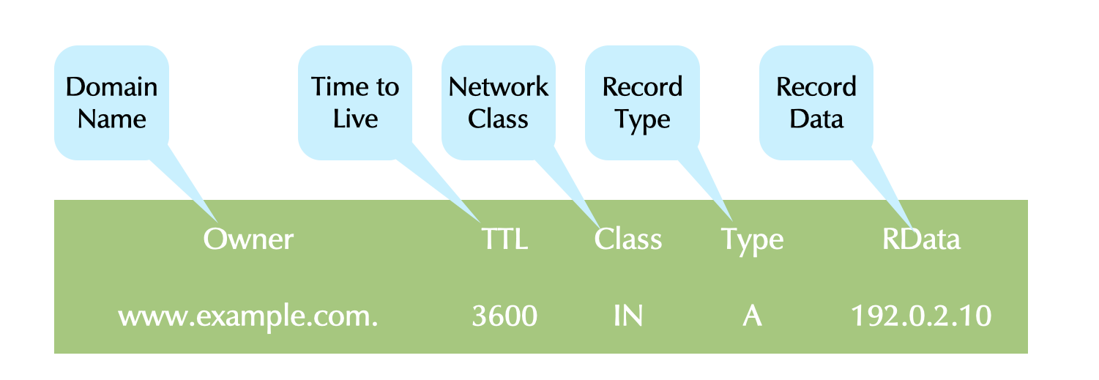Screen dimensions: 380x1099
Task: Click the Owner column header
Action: click(x=248, y=239)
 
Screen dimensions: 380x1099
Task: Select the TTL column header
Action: click(x=504, y=239)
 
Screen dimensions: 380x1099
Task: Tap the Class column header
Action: click(x=627, y=239)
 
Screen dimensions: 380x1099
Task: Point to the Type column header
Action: click(x=752, y=239)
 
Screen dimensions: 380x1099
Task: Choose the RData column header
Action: click(x=921, y=239)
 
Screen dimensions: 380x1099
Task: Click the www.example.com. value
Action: click(x=248, y=316)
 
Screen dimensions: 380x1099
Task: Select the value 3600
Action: click(x=504, y=316)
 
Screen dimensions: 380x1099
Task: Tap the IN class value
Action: click(x=628, y=316)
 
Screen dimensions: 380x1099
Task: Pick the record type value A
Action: click(x=752, y=316)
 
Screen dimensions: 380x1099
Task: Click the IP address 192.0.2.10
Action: click(x=920, y=316)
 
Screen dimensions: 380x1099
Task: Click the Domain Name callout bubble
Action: click(x=112, y=103)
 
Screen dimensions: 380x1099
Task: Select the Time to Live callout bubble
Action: click(x=355, y=103)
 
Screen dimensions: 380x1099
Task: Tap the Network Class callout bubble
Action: click(x=498, y=103)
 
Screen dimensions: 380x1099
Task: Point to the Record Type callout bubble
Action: click(x=642, y=103)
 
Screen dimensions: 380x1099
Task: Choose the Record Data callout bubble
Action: click(x=816, y=103)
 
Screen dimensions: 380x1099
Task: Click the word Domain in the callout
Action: click(x=112, y=87)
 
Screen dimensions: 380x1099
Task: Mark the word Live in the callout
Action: click(x=355, y=119)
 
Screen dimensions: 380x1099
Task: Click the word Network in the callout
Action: click(x=498, y=87)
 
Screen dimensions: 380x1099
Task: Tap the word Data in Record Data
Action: click(x=816, y=119)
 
